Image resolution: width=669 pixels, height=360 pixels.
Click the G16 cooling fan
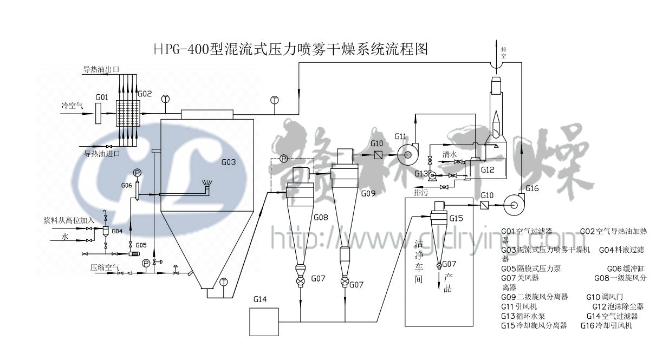[514, 205]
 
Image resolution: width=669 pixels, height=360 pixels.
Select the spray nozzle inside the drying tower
[206, 186]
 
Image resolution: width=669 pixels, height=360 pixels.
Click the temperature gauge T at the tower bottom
[224, 281]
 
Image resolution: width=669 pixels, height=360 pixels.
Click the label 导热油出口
[100, 70]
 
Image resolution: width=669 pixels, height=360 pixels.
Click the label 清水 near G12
[450, 154]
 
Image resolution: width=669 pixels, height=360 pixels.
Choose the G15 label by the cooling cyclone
[456, 218]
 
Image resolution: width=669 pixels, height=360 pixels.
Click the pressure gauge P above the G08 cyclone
[283, 159]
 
